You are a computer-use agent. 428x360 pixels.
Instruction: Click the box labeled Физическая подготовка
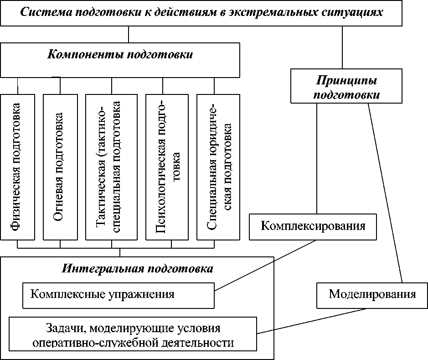(x=18, y=167)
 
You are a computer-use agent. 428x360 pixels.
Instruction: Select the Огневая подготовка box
(x=60, y=167)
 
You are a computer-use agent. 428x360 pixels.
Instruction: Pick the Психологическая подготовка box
(x=166, y=167)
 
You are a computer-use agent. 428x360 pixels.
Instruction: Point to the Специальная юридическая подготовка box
(x=218, y=167)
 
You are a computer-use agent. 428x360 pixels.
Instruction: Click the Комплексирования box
(x=313, y=226)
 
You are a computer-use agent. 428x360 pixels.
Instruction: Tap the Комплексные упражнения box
(x=119, y=295)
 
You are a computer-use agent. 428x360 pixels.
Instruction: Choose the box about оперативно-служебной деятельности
(x=133, y=335)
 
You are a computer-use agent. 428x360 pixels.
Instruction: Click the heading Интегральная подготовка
(x=137, y=268)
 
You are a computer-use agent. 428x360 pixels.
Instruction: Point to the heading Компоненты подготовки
(x=120, y=55)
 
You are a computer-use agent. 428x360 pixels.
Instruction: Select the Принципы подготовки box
(x=346, y=86)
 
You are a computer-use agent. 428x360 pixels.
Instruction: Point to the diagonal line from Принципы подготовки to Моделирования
(x=385, y=192)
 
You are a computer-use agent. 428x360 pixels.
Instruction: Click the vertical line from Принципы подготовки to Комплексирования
(x=317, y=160)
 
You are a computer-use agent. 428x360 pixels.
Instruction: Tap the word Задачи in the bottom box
(x=62, y=329)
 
